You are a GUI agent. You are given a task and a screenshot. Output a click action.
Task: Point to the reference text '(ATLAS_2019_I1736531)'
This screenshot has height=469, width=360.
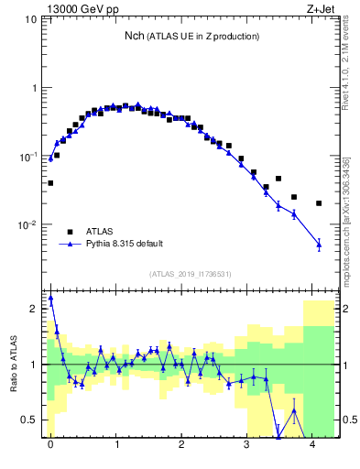click(x=191, y=274)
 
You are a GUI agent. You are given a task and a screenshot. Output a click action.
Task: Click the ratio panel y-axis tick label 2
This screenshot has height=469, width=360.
click(x=36, y=309)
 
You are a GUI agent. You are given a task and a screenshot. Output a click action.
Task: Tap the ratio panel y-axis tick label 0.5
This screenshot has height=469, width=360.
click(x=32, y=421)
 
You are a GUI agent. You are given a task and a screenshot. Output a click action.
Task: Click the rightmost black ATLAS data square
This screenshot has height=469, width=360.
click(x=319, y=203)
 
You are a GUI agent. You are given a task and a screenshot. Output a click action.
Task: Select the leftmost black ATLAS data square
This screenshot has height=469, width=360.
click(x=50, y=183)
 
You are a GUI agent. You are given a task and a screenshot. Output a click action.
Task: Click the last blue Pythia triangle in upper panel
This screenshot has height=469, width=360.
click(x=319, y=244)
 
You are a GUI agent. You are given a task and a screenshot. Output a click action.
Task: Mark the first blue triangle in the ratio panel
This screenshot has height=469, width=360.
click(x=50, y=298)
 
